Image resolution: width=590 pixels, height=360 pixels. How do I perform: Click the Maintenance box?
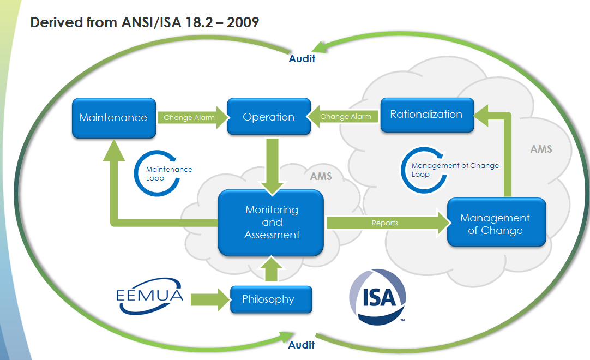113,117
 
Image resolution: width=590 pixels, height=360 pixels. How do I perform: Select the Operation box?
269,117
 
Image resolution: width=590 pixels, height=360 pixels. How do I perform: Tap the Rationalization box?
426,115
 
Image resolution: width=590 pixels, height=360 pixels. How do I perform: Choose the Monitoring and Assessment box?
272,223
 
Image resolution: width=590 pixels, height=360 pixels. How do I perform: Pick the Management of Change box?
495,224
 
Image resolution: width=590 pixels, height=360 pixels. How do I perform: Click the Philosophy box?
269,299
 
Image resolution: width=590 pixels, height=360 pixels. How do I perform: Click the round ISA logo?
377,297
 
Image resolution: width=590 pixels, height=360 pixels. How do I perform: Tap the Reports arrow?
385,223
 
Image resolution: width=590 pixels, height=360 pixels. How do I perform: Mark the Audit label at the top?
302,58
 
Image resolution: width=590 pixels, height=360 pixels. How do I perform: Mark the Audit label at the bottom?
302,345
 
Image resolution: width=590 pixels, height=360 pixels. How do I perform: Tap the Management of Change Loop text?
455,170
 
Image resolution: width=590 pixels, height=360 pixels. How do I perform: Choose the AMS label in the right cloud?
541,149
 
